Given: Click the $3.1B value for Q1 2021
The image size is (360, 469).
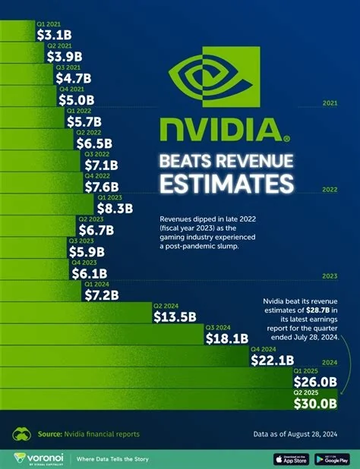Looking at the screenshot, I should click(x=54, y=34).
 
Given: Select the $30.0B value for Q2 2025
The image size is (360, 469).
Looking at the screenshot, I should click(x=319, y=404).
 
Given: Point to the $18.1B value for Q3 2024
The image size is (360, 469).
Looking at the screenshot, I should click(x=226, y=338).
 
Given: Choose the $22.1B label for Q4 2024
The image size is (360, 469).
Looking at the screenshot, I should click(x=271, y=360).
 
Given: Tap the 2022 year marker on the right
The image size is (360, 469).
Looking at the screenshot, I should click(x=330, y=190).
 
